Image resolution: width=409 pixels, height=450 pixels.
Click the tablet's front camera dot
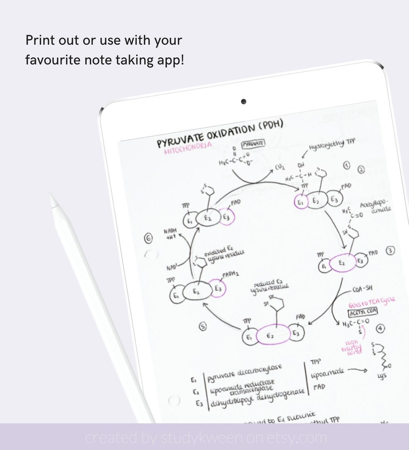point(243,102)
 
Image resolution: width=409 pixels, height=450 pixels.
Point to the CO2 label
point(280,167)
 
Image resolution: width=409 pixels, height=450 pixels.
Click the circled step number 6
point(149,238)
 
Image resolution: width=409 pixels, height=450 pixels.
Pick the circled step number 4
point(380,327)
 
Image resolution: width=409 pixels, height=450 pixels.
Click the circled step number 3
point(390,251)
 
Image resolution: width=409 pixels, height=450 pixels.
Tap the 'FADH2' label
point(230,274)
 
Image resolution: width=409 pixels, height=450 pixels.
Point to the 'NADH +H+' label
point(171,235)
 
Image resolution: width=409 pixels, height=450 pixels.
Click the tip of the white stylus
point(52,196)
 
